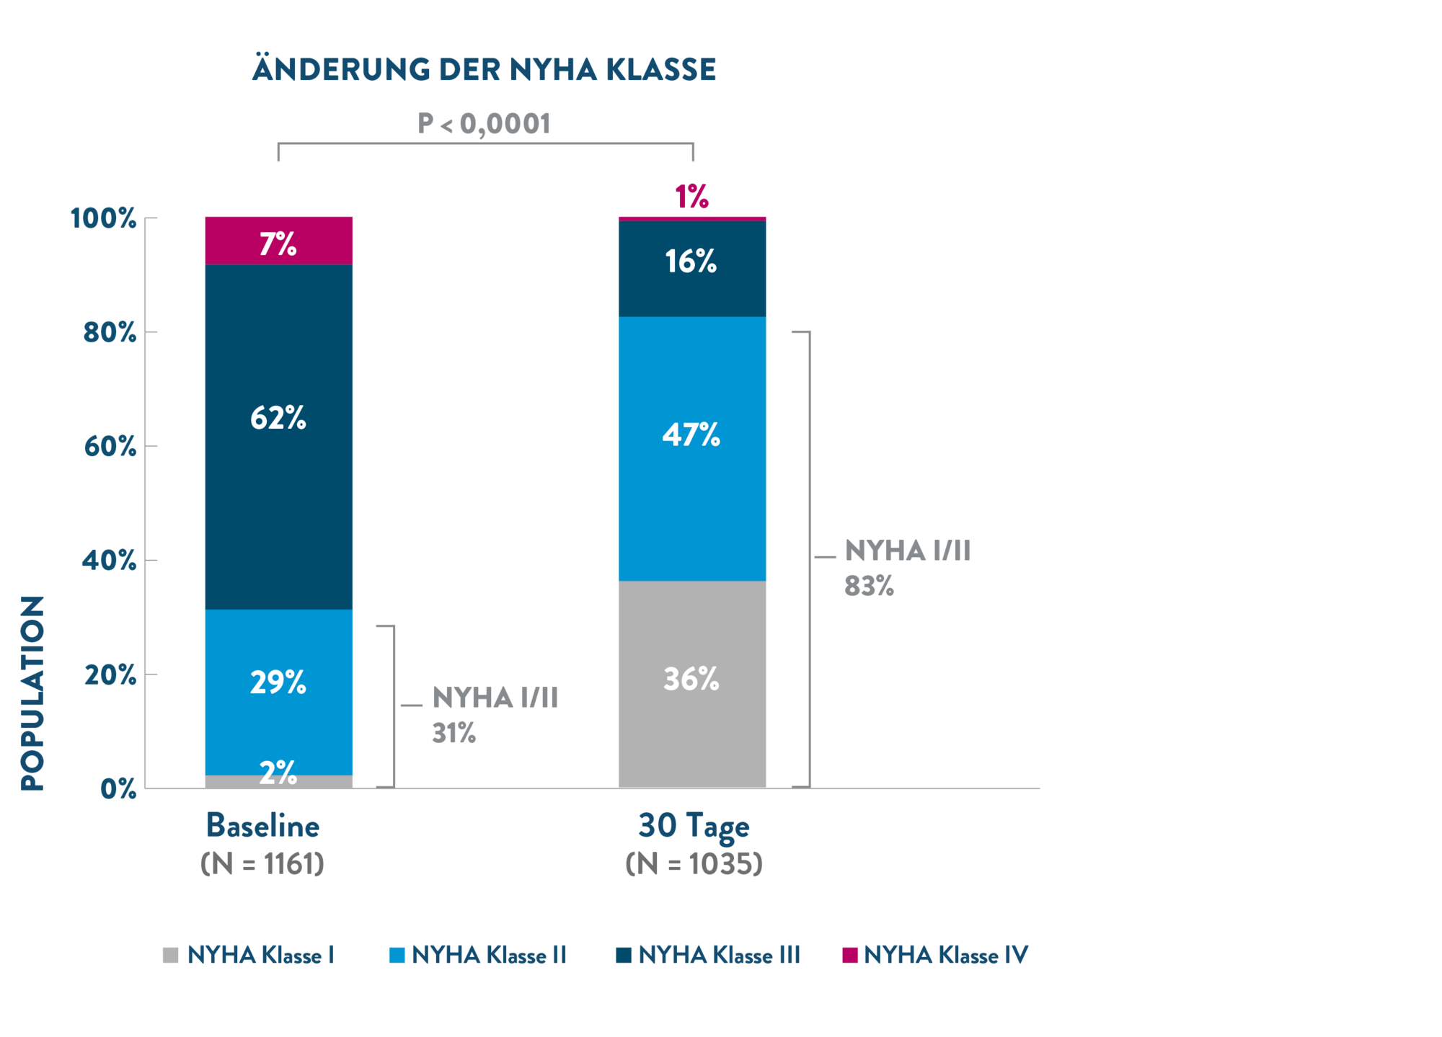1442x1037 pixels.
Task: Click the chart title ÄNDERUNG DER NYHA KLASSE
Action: (484, 70)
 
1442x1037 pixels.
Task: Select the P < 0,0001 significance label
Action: (484, 124)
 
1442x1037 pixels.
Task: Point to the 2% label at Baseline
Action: (278, 773)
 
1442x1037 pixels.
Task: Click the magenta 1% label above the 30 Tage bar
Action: (691, 197)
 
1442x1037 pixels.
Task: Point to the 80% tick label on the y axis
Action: (110, 333)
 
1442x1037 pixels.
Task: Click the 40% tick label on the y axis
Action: (110, 561)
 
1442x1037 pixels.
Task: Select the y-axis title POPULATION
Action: (33, 693)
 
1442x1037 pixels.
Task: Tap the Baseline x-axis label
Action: (263, 826)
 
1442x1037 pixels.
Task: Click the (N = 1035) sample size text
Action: (694, 863)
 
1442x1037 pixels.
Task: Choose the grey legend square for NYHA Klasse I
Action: (171, 956)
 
